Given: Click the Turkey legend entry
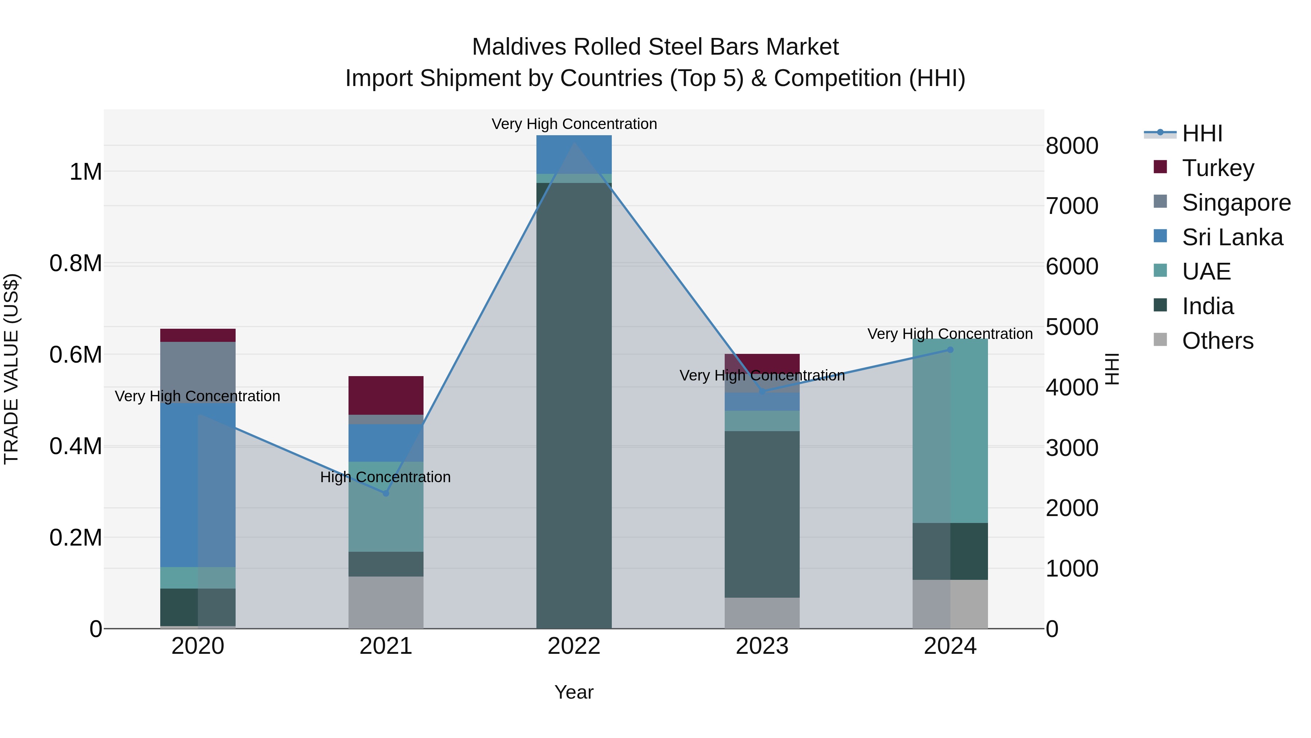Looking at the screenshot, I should coord(1217,168).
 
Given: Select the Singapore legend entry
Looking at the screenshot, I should coord(1236,203).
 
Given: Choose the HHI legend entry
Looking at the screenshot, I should coord(1202,133).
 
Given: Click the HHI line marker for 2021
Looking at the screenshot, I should coord(386,493).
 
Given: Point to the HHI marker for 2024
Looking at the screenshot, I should coord(950,350).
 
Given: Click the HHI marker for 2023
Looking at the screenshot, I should coord(762,391).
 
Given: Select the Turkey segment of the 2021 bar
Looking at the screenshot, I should coord(386,395).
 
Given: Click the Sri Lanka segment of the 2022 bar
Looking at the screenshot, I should coord(574,154).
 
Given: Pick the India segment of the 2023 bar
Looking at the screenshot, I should coord(762,514).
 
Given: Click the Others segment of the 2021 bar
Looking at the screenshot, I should coord(386,602).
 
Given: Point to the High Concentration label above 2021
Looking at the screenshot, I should coord(385,477).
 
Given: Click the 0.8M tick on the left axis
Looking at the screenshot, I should coord(75,263).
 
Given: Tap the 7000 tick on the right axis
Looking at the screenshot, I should coord(1072,206).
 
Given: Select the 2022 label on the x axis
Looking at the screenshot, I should coord(574,646).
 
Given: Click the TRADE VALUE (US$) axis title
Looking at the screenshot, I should coord(11,369).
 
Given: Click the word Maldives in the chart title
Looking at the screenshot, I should coord(519,47).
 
